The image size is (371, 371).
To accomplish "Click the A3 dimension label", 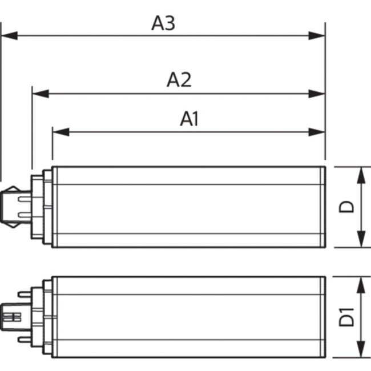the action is [163, 23].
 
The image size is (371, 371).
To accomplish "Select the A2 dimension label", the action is [179, 80].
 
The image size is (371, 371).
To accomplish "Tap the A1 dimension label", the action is [189, 119].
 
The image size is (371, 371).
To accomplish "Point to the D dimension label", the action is [346, 207].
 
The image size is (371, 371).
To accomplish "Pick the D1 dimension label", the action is [346, 317].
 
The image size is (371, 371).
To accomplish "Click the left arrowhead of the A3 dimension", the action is [9, 36].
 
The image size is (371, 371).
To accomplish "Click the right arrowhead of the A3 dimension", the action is [317, 36].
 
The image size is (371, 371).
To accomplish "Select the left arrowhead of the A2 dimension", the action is [41, 94].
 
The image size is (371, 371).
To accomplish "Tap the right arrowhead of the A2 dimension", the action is [317, 94].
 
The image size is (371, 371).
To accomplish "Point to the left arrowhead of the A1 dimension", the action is [61, 132].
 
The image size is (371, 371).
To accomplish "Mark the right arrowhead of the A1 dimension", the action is [317, 132].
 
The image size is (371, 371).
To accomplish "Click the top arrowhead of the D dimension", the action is [361, 175].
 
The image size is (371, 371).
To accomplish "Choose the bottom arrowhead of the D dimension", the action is [361, 239].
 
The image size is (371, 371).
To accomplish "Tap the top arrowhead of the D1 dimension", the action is [361, 285].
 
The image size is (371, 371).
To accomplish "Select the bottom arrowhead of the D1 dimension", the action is [361, 349].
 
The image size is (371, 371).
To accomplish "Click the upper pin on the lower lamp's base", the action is [25, 295].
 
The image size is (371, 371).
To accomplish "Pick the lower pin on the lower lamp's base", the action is [25, 340].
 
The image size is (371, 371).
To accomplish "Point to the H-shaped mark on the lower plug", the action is [11, 317].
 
